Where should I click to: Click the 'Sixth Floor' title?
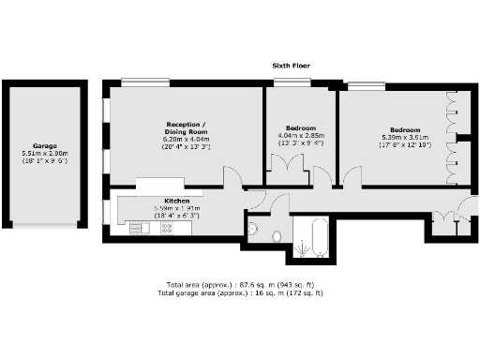[x=291, y=66]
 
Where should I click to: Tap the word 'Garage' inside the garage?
[x=46, y=146]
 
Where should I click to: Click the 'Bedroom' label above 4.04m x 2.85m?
[x=300, y=127]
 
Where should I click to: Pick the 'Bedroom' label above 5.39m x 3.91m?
[x=405, y=129]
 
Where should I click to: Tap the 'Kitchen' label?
[x=178, y=201]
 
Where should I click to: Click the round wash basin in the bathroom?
[x=253, y=227]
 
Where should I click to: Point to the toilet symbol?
[x=277, y=233]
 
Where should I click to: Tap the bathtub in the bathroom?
[x=310, y=235]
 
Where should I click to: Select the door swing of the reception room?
[x=232, y=176]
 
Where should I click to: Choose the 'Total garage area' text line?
[x=243, y=292]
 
